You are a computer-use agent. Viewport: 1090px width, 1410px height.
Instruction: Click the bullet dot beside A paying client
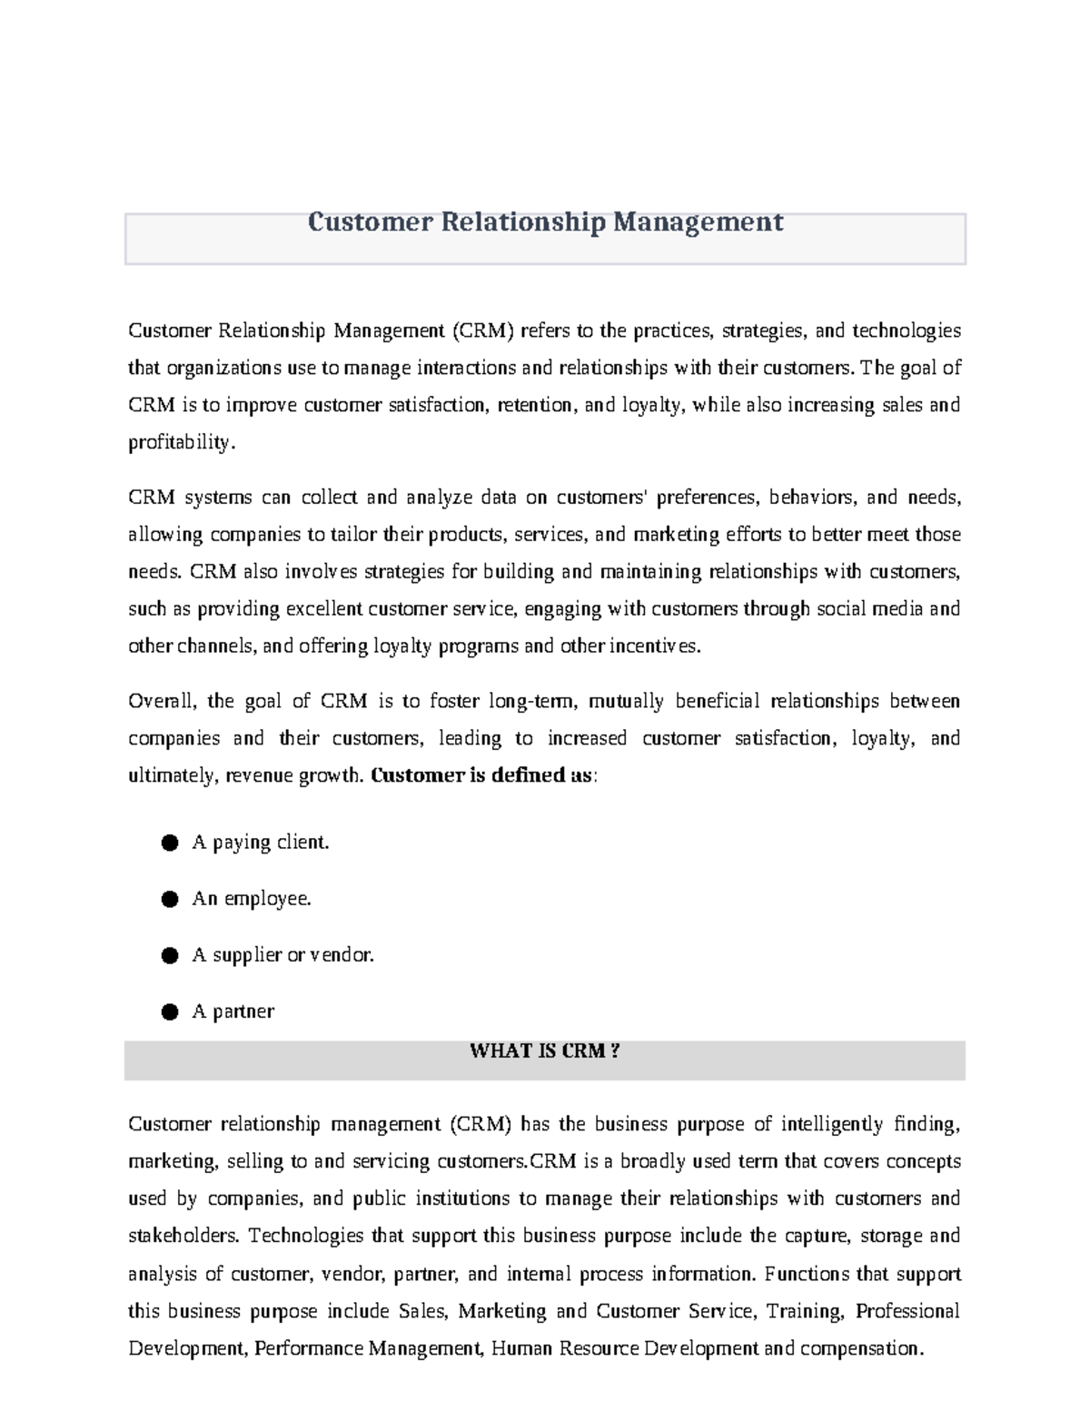169,843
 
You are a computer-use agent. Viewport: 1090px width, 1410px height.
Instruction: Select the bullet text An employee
252,899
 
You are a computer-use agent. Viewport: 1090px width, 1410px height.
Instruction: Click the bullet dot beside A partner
169,1012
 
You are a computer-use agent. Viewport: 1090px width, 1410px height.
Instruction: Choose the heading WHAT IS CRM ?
544,1051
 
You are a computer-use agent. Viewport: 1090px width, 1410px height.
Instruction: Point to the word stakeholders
184,1237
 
